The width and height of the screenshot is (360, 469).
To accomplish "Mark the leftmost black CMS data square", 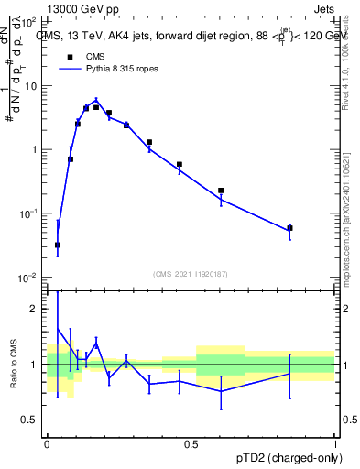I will (x=58, y=245).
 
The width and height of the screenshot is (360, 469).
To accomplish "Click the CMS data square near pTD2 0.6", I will (x=221, y=191).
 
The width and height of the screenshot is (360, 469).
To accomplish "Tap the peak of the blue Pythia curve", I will (x=96, y=101).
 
